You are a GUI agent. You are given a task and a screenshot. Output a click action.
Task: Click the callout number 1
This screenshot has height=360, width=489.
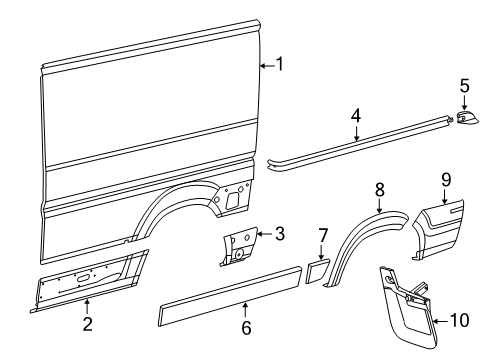(x=280, y=64)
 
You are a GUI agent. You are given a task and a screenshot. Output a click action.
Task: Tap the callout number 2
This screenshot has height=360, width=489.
(x=87, y=324)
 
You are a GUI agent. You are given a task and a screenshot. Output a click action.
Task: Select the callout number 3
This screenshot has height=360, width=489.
(x=280, y=233)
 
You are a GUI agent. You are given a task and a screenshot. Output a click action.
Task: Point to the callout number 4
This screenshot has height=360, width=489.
(x=356, y=116)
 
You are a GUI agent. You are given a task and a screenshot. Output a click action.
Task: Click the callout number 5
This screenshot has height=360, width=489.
(x=465, y=86)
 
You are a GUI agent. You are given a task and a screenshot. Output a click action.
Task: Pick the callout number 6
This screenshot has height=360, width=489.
(x=246, y=328)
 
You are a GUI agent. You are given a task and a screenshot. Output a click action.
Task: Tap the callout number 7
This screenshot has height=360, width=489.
(x=323, y=235)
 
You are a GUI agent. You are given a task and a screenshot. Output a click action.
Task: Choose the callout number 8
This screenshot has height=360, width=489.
(x=380, y=190)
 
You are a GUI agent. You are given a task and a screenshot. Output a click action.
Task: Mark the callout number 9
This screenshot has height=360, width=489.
(x=446, y=180)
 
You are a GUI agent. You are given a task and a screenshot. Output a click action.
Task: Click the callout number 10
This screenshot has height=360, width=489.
(x=460, y=320)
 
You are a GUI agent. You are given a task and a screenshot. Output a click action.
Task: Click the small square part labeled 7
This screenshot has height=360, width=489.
(x=317, y=271)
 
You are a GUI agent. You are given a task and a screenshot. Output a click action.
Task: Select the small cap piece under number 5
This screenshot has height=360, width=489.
(x=466, y=117)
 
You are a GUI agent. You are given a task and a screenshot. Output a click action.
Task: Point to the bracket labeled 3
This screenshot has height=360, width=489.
(x=239, y=247)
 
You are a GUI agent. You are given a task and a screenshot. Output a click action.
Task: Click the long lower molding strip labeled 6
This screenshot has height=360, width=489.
(x=230, y=296)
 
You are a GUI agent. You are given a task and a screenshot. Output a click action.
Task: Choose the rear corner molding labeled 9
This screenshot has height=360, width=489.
(x=438, y=229)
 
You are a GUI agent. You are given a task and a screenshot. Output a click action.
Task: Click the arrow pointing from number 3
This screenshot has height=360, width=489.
(x=265, y=234)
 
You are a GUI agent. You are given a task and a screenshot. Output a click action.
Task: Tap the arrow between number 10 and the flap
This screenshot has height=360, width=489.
(x=441, y=321)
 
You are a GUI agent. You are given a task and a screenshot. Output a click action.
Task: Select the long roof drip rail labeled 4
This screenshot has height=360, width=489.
(x=360, y=144)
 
